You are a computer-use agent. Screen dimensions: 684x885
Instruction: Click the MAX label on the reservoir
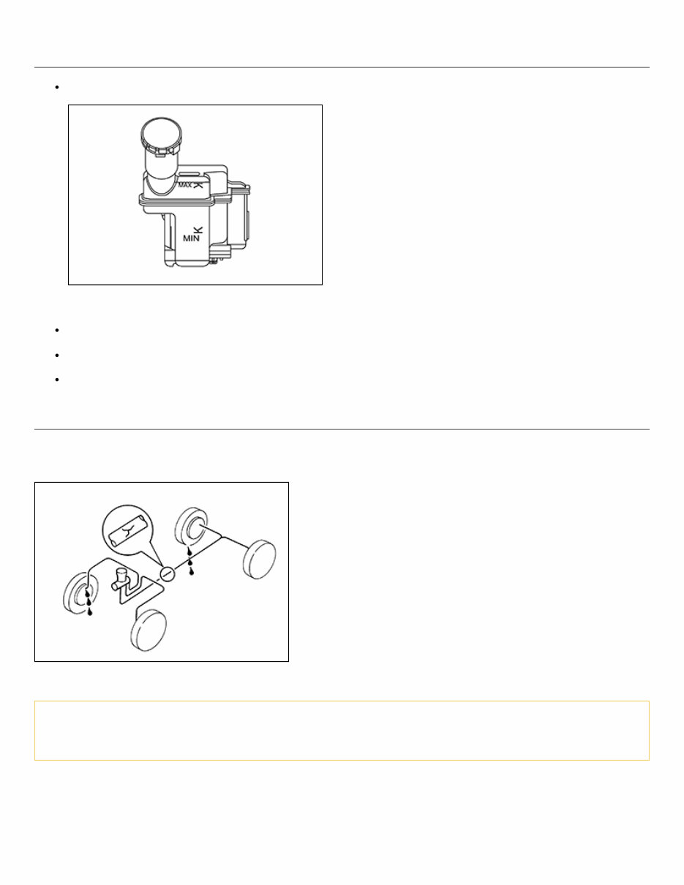point(185,185)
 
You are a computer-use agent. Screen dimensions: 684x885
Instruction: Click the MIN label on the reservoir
point(191,238)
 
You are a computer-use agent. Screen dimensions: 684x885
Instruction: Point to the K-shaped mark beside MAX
point(198,184)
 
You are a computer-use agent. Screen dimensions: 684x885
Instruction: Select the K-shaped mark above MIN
point(198,230)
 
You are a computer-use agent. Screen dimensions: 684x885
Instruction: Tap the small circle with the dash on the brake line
point(167,574)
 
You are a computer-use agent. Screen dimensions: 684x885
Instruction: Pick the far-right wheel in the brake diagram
point(260,560)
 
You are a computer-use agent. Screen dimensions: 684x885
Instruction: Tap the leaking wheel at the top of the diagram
point(192,528)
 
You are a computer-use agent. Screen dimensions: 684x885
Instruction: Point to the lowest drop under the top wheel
point(192,572)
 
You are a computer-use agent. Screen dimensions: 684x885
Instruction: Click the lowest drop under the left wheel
point(90,611)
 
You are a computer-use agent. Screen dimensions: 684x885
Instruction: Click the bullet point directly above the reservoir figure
point(57,87)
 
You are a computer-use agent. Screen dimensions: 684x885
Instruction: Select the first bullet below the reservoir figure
point(57,331)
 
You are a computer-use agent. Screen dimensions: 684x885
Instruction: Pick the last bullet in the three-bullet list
point(57,380)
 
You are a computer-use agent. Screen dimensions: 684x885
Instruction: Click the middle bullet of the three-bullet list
point(57,355)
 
